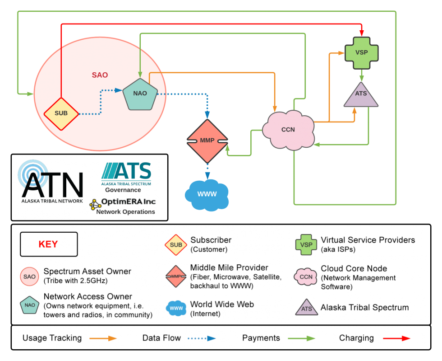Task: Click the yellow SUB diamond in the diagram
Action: click(61, 113)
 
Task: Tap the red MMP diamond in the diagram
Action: click(207, 141)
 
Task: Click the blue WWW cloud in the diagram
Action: click(207, 194)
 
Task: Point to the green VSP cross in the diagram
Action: click(361, 52)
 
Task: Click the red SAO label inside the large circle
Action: click(100, 75)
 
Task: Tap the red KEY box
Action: click(49, 244)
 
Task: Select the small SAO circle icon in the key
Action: click(29, 277)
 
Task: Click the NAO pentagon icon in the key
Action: click(30, 305)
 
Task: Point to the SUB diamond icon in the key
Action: click(176, 245)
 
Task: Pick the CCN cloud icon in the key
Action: click(306, 277)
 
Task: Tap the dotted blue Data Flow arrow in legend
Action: click(200, 338)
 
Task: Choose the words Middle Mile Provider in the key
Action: click(229, 267)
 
